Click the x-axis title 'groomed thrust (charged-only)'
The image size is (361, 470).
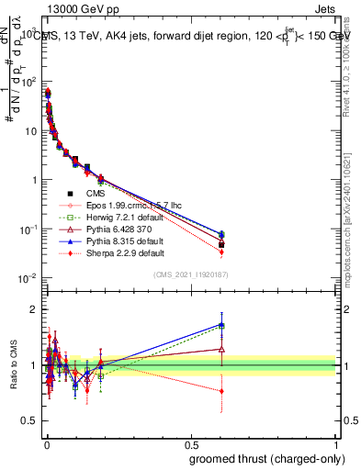[x=265, y=458]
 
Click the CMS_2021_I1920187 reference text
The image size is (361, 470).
[x=190, y=275]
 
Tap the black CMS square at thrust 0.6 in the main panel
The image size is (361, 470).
[x=221, y=244]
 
